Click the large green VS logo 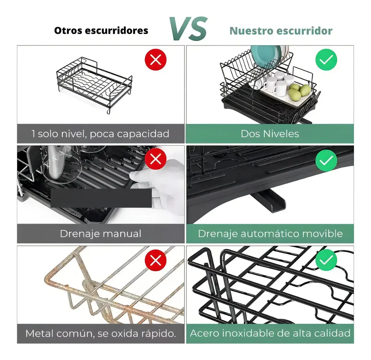tap(188, 28)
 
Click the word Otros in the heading tap(68, 31)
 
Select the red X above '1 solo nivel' tap(156, 59)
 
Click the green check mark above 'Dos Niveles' tap(326, 59)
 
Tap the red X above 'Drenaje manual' tap(156, 159)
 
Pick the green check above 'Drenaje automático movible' tap(326, 160)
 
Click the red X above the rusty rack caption tap(156, 260)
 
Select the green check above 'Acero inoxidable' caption tap(326, 260)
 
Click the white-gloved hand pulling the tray tap(160, 183)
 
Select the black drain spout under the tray tap(269, 202)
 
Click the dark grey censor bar tap(101, 198)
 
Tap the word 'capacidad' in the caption tap(143, 134)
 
